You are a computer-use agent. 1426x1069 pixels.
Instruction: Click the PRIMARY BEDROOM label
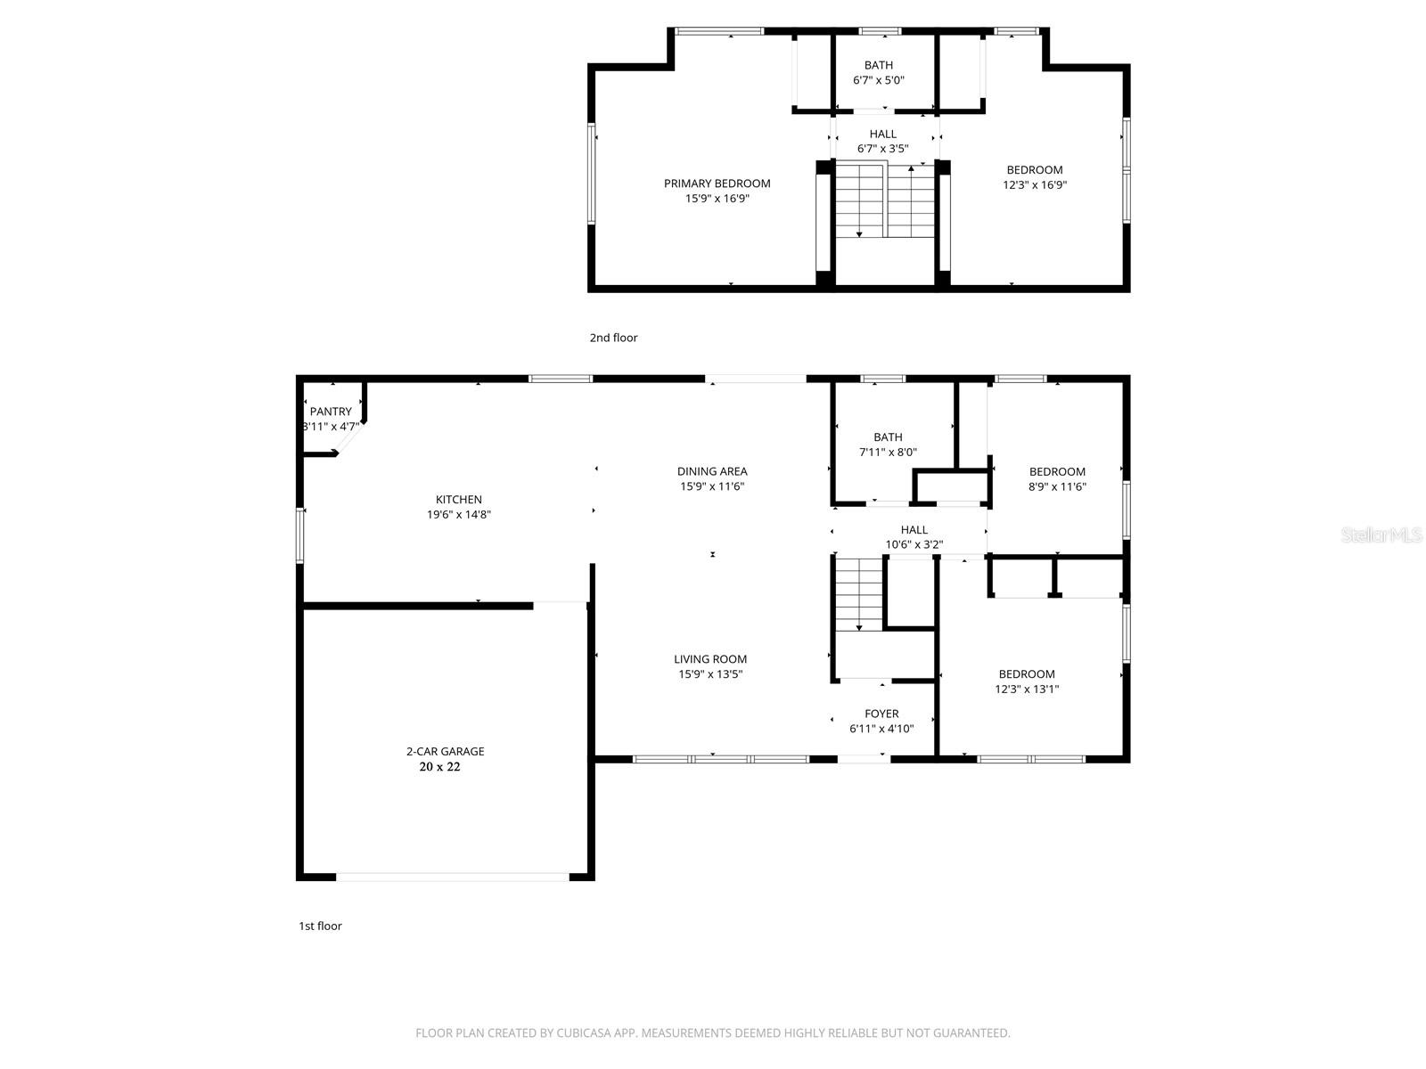717,184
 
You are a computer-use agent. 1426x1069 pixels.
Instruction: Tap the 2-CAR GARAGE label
445,751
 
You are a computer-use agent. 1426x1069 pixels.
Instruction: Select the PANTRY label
331,412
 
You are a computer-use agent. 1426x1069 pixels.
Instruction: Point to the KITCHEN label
459,499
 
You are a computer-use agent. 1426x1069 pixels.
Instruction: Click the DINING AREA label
712,471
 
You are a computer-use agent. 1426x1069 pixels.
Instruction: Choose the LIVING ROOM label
710,659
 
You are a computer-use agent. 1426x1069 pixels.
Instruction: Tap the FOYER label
881,714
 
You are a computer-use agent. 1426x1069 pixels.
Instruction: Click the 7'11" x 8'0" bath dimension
888,453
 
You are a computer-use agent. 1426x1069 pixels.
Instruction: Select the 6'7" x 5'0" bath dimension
879,80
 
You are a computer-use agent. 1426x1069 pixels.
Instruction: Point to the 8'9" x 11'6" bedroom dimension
1057,486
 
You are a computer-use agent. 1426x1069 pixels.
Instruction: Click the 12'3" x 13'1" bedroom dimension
1027,690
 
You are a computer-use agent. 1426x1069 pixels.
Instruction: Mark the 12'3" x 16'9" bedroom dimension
1034,185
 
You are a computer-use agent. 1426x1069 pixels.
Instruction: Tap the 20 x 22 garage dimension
439,766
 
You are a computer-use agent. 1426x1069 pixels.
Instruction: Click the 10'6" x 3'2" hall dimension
914,544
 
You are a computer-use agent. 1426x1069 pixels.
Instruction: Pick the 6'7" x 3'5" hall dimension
883,149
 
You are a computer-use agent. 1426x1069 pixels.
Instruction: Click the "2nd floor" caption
613,338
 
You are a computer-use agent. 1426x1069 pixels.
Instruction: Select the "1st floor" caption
320,926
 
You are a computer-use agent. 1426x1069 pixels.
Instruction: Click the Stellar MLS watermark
1381,534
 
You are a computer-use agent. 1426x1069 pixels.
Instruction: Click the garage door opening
452,877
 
